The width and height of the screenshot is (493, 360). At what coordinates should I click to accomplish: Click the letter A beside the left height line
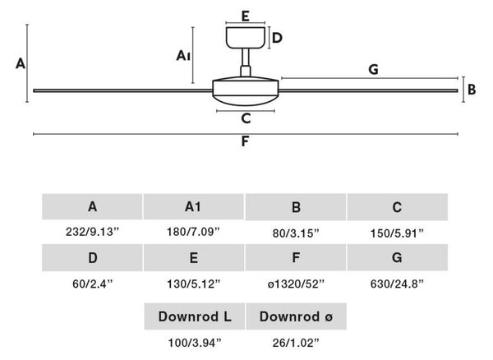[21, 64]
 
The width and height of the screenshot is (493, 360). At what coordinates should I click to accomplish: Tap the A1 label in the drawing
[183, 56]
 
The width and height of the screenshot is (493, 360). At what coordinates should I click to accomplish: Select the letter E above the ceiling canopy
[246, 16]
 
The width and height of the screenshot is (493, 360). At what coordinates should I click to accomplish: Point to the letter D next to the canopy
[277, 38]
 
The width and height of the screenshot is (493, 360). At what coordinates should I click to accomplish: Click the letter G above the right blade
[373, 70]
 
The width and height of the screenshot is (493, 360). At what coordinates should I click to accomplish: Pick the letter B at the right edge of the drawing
[472, 90]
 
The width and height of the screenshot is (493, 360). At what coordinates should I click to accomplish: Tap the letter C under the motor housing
[246, 118]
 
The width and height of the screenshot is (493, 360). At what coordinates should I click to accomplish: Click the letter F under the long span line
[245, 141]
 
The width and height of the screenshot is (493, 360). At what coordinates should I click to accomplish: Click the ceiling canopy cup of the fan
[246, 38]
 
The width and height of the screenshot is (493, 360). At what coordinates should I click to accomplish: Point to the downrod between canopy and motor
[246, 62]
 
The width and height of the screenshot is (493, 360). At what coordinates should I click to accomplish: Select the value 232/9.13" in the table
[93, 232]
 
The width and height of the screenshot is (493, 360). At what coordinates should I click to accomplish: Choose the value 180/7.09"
[193, 232]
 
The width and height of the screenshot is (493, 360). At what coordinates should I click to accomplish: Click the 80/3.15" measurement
[296, 233]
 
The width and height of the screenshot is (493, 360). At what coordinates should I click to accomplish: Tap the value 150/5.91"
[397, 233]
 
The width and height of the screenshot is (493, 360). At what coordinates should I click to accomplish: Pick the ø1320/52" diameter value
[296, 284]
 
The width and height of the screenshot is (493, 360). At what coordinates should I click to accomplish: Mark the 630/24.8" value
[397, 284]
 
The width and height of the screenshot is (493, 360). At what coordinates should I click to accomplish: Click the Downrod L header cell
[195, 316]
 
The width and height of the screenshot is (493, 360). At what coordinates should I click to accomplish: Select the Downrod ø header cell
[296, 316]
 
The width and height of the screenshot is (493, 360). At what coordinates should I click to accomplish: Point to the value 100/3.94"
[195, 343]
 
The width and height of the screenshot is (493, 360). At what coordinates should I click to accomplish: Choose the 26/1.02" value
[296, 343]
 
